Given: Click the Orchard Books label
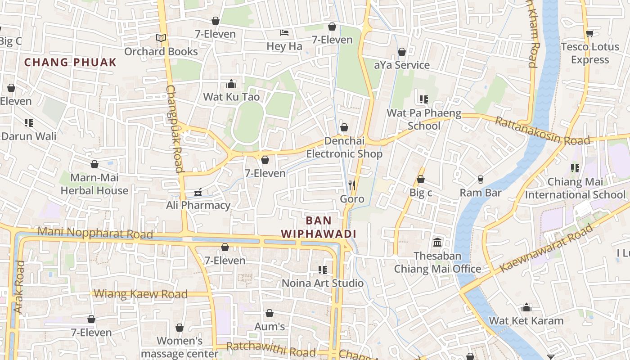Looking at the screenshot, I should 161,52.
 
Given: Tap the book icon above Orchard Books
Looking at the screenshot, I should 161,38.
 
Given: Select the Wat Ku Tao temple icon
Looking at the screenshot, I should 231,84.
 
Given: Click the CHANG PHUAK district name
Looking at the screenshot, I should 70,63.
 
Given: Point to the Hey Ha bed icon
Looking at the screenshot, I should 284,33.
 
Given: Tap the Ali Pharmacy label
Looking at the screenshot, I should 198,206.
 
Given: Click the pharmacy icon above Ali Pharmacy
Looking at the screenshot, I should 198,193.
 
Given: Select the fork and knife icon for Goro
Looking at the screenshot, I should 352,185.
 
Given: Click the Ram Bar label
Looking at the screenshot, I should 480,193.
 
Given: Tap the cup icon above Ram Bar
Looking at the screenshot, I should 481,180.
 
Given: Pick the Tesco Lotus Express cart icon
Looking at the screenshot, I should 589,33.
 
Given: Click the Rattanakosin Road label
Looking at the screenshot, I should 542,131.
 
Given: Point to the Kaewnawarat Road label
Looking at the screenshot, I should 546,248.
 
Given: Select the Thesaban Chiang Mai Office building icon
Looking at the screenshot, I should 437,243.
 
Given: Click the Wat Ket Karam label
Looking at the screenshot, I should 526,321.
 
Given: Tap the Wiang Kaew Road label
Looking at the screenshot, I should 140,294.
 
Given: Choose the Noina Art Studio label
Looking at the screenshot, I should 322,283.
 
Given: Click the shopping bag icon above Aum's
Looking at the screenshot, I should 270,313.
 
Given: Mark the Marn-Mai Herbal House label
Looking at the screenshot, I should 94,184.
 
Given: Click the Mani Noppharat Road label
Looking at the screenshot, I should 95,233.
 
